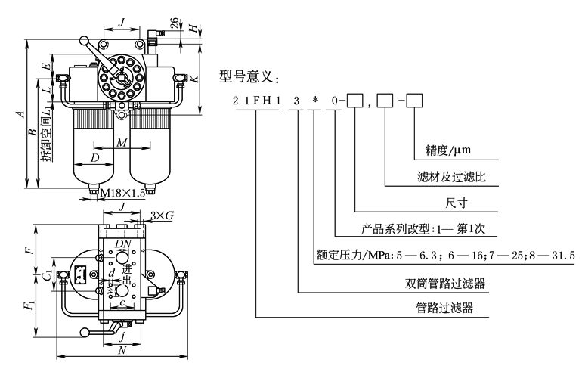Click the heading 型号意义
249,76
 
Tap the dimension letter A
23,115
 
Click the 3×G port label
162,216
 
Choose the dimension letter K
196,79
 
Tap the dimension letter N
121,352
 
